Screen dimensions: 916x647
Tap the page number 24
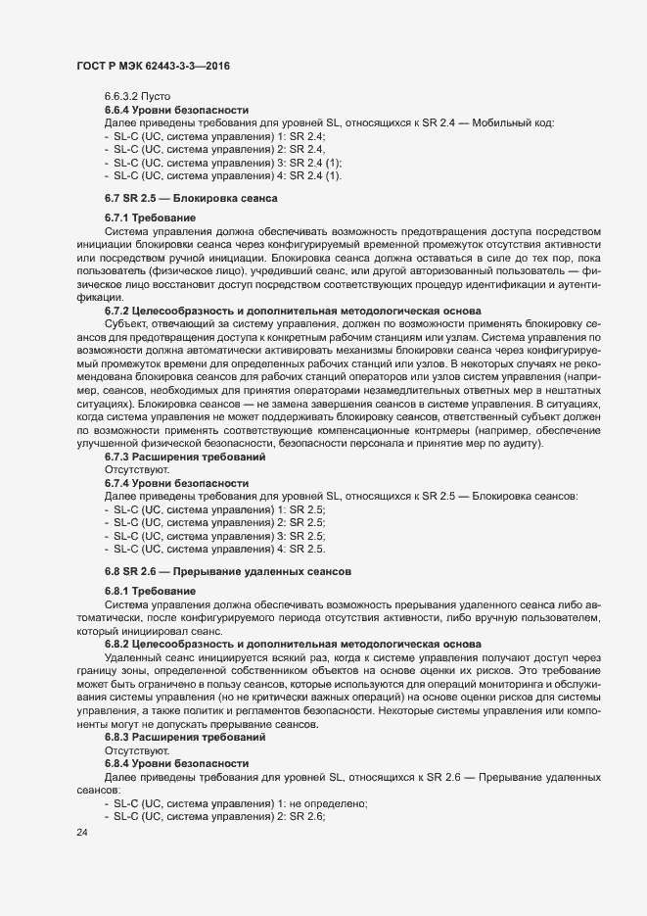[82, 833]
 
